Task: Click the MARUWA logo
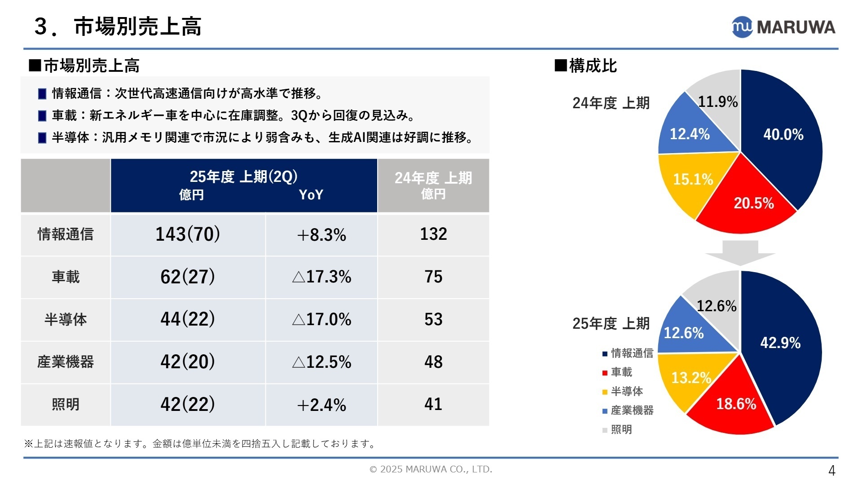pyautogui.click(x=783, y=27)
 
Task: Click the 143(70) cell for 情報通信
pyautogui.click(x=188, y=234)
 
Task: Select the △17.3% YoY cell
pyautogui.click(x=321, y=277)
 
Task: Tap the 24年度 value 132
pyautogui.click(x=433, y=234)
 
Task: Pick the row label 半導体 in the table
pyautogui.click(x=66, y=319)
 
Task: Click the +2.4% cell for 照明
pyautogui.click(x=321, y=405)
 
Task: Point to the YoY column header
pyautogui.click(x=311, y=194)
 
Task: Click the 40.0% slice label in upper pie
pyautogui.click(x=783, y=134)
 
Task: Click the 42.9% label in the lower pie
pyautogui.click(x=780, y=343)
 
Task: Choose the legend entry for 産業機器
pyautogui.click(x=628, y=410)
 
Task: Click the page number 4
pyautogui.click(x=831, y=471)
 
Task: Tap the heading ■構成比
pyautogui.click(x=586, y=66)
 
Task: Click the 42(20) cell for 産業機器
pyautogui.click(x=188, y=362)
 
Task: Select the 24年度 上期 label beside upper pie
pyautogui.click(x=611, y=103)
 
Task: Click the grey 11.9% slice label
pyautogui.click(x=718, y=101)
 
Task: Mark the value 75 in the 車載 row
pyautogui.click(x=433, y=277)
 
